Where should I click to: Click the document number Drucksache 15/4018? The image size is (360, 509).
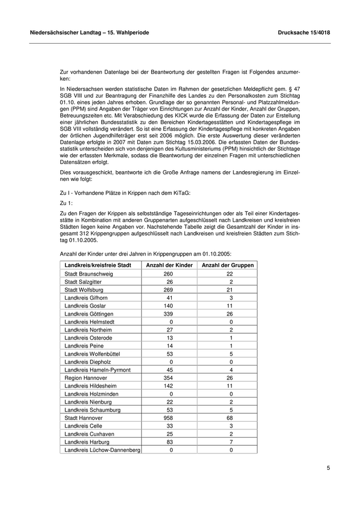303,32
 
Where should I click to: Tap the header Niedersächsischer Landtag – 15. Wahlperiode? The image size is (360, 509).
90,32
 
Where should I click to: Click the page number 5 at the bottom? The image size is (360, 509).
328,468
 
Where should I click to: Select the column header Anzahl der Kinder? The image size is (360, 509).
170,265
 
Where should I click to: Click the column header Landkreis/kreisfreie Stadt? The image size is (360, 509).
98,265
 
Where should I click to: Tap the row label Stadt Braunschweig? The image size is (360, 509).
89,274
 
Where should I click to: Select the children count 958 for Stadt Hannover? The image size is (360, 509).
168,418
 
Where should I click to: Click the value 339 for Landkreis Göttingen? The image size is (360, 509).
168,314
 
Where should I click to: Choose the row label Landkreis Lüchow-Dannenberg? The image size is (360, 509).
102,450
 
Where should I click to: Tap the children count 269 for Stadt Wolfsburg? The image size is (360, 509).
168,289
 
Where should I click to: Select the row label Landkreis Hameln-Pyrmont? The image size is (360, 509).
98,370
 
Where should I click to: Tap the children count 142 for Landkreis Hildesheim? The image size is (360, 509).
168,386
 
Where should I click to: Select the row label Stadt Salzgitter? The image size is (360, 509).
83,282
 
